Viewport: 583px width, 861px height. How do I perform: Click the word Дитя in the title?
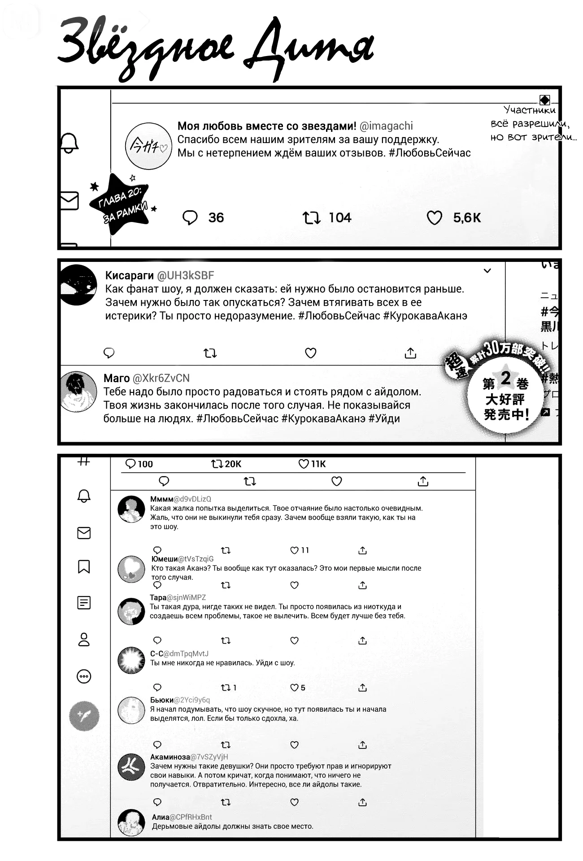coord(309,49)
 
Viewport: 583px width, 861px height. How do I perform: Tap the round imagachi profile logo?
coord(148,146)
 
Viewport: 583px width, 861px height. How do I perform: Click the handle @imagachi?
coord(386,126)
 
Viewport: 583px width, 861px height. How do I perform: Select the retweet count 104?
coord(339,218)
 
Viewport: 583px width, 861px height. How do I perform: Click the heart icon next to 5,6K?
coord(434,218)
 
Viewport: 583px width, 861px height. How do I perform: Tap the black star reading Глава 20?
coord(120,204)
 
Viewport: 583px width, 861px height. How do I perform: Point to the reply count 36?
coord(216,218)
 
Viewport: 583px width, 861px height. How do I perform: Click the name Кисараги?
coord(129,275)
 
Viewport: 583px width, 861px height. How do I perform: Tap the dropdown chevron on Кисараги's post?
coord(487,271)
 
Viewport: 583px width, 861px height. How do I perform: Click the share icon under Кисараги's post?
coord(410,353)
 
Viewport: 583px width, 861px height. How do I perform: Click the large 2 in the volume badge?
coord(505,378)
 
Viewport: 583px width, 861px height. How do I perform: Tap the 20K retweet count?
coord(233,464)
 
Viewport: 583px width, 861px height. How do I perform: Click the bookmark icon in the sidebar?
coord(84,566)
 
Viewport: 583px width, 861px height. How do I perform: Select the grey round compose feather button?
coord(84,716)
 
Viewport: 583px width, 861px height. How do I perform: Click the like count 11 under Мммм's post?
coord(305,550)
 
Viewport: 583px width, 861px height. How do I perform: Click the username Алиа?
coord(160,817)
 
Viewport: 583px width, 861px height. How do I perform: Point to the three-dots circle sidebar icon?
coord(84,676)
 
